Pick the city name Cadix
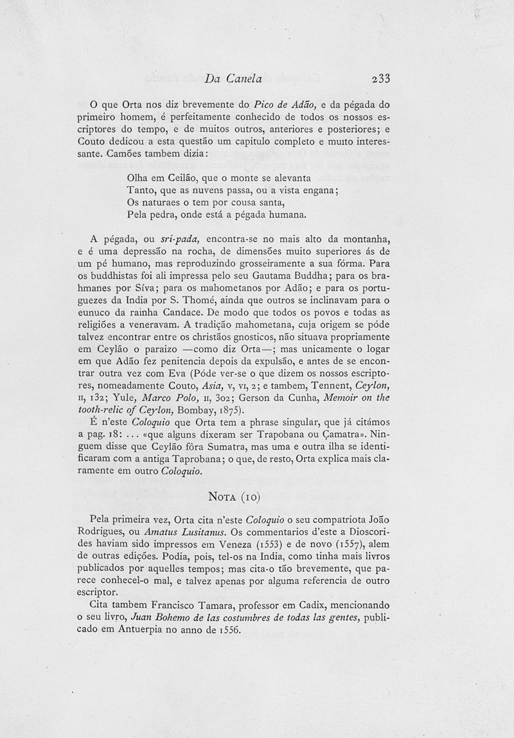(323, 605)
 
